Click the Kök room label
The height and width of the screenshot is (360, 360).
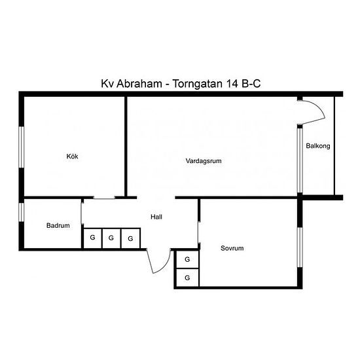click(x=72, y=156)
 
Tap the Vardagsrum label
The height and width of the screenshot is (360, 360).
click(x=204, y=161)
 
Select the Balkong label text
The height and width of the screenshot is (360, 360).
click(x=318, y=146)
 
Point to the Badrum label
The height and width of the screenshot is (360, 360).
click(x=58, y=225)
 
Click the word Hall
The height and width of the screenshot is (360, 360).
click(x=156, y=217)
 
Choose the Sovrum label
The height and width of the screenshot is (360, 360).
click(x=232, y=248)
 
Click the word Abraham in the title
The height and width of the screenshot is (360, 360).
click(x=139, y=84)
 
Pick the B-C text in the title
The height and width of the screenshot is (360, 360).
click(x=251, y=84)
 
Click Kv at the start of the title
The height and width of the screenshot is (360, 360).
click(x=107, y=84)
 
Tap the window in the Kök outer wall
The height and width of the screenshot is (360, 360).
click(x=22, y=147)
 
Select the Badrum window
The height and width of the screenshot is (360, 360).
click(x=22, y=212)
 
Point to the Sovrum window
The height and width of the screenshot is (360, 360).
click(x=300, y=247)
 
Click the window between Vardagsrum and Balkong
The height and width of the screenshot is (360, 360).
click(x=300, y=160)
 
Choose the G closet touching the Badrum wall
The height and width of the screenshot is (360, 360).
click(x=92, y=238)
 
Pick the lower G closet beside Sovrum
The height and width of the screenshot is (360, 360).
click(x=187, y=278)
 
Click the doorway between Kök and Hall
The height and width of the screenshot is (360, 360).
click(x=104, y=198)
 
